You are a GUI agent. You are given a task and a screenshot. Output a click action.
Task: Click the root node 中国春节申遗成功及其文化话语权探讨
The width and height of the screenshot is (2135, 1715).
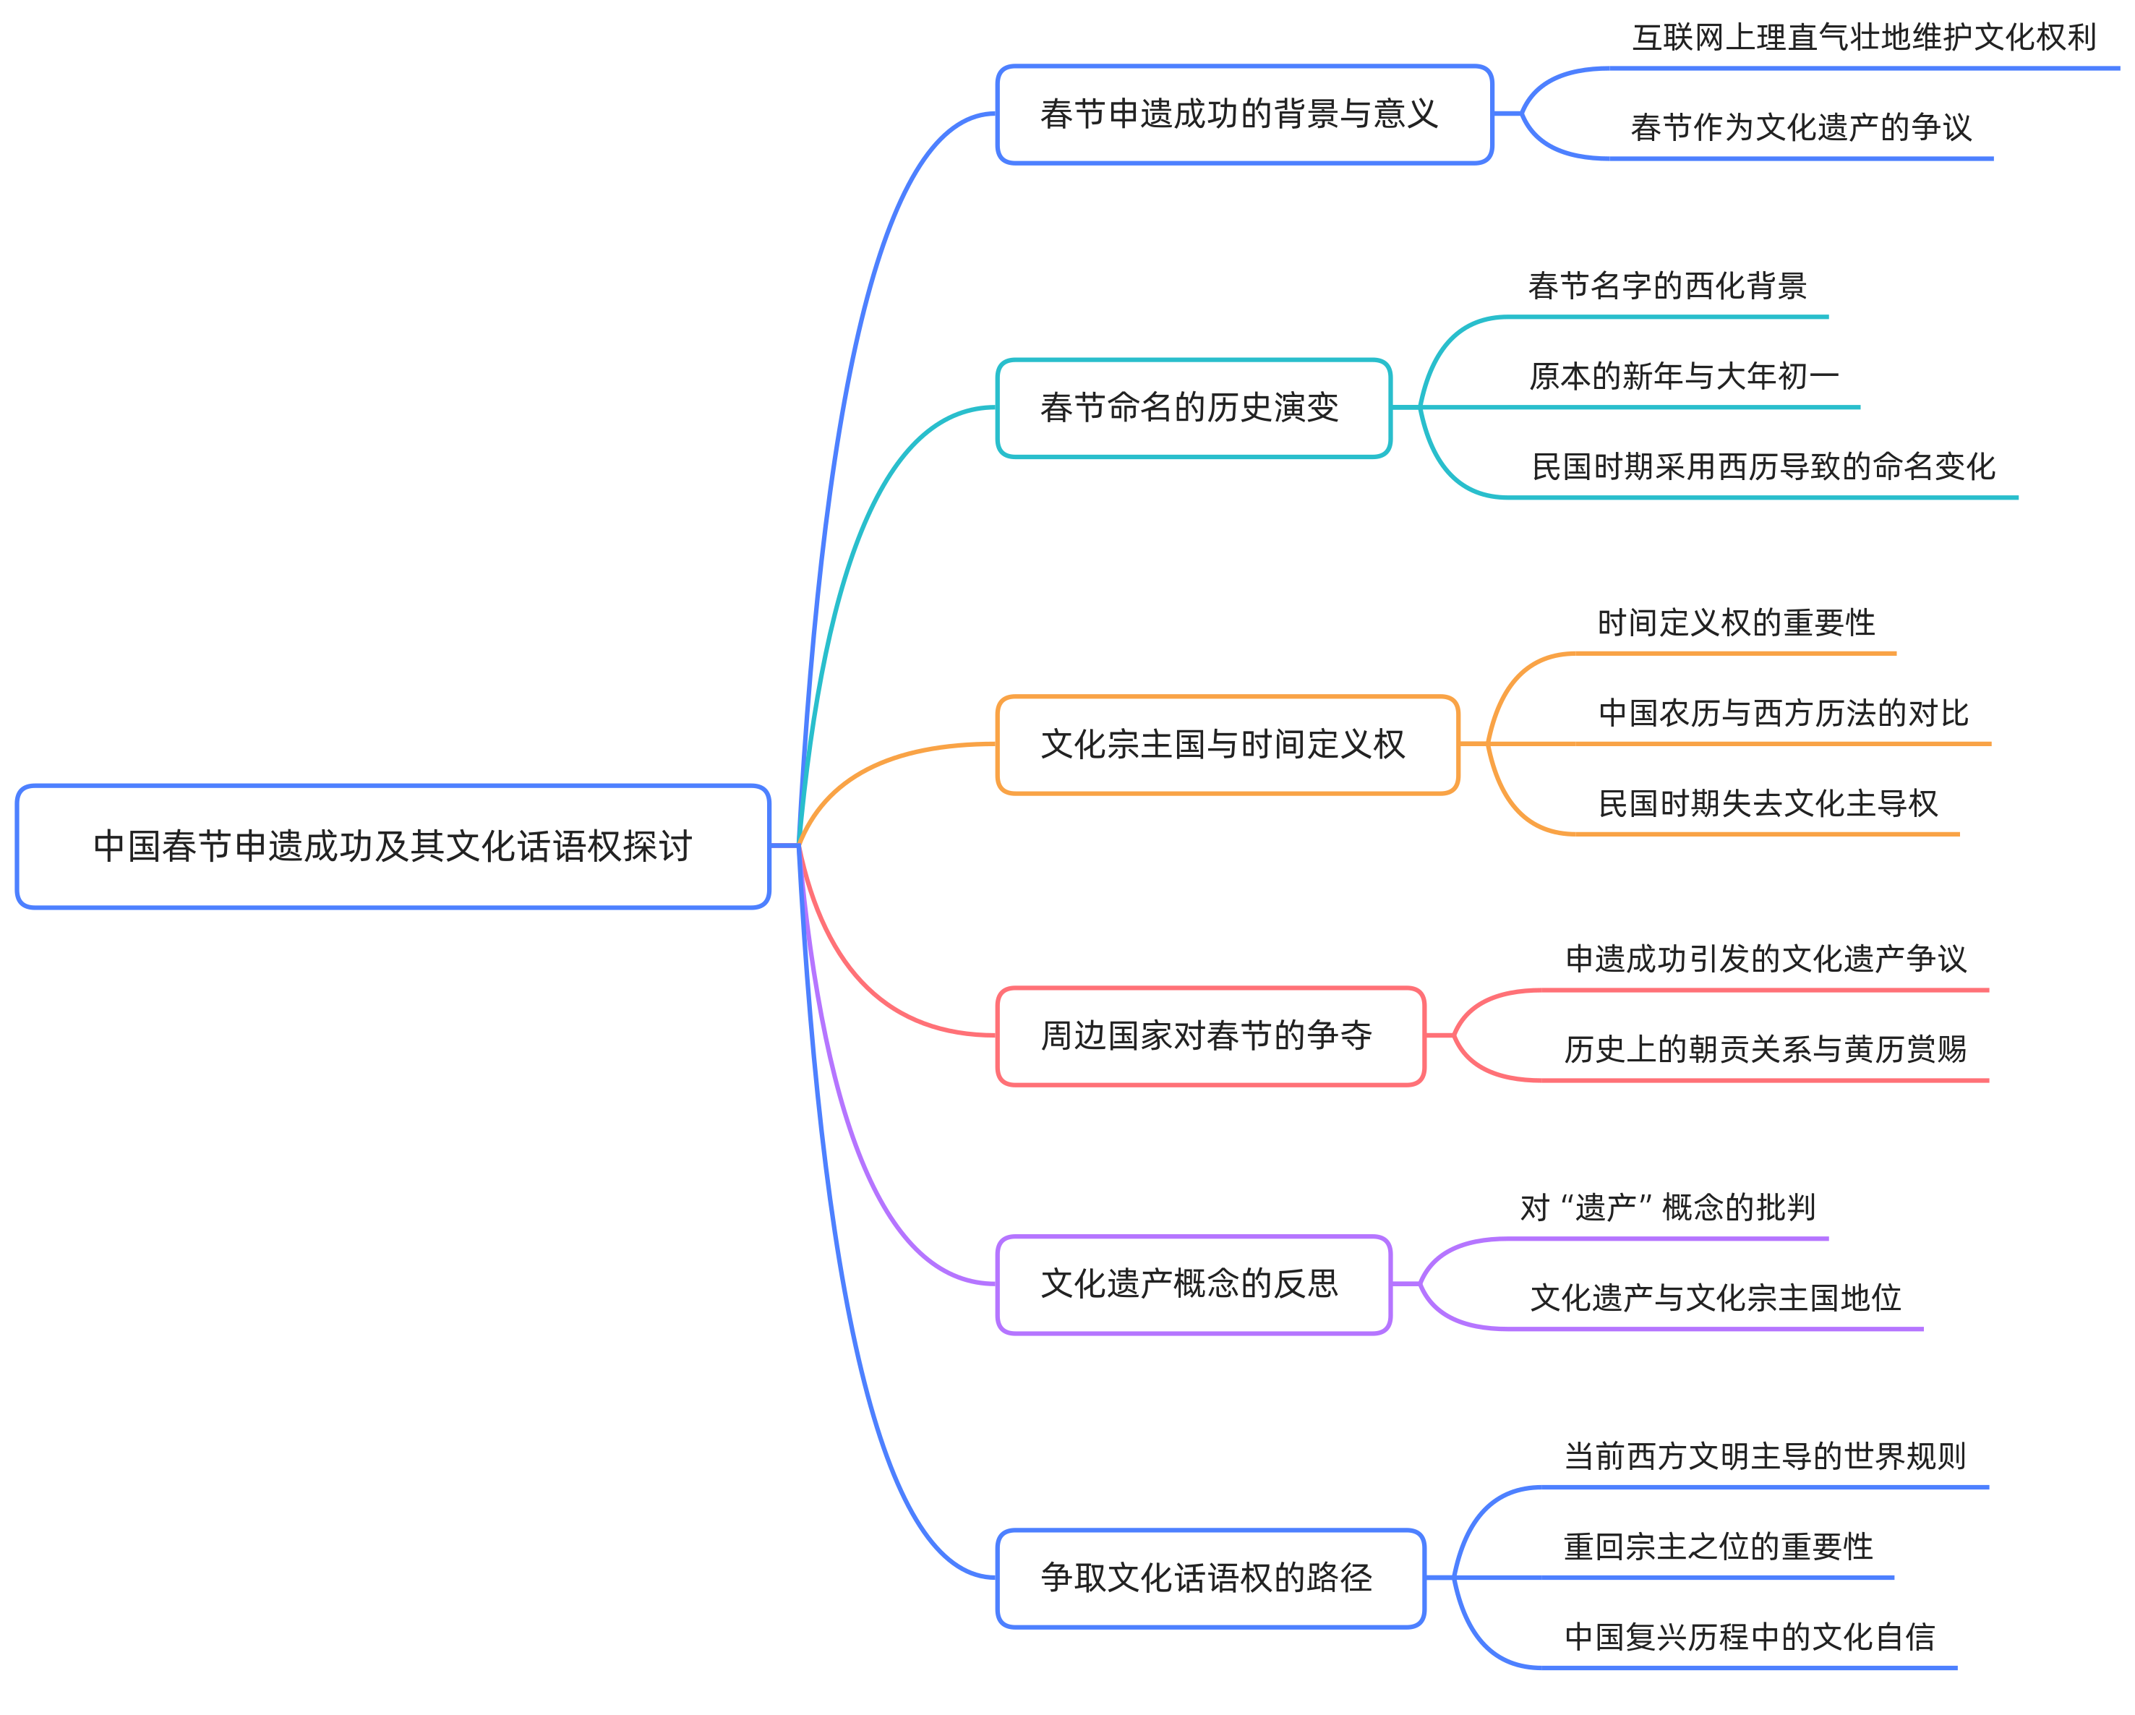point(393,847)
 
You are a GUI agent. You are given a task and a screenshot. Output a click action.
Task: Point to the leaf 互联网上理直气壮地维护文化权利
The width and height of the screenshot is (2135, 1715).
point(1864,38)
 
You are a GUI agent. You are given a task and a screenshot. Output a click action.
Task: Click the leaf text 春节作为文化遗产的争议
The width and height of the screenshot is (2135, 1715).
point(1800,128)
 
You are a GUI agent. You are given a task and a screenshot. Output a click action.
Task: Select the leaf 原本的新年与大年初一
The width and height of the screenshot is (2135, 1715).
point(1683,376)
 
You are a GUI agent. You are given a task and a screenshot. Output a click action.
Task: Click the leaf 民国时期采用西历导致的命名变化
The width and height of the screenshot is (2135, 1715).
point(1763,466)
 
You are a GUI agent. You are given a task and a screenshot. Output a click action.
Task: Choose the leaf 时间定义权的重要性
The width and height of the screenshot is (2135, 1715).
point(1736,623)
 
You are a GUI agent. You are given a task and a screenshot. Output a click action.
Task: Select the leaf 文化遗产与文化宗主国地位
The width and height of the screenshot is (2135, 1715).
point(1715,1298)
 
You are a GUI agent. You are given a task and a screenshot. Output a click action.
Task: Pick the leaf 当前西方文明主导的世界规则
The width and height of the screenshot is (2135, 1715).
point(1765,1457)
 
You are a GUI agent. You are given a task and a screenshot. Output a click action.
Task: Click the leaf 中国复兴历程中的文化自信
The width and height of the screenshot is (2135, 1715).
point(1749,1637)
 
